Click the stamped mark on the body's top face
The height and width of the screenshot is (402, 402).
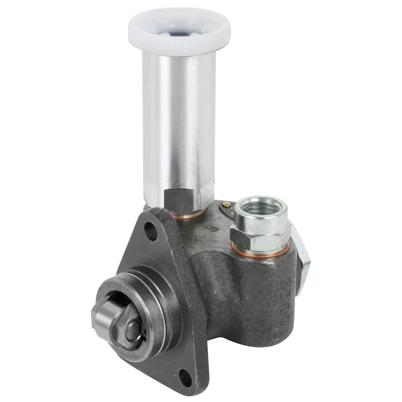(x=211, y=228)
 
